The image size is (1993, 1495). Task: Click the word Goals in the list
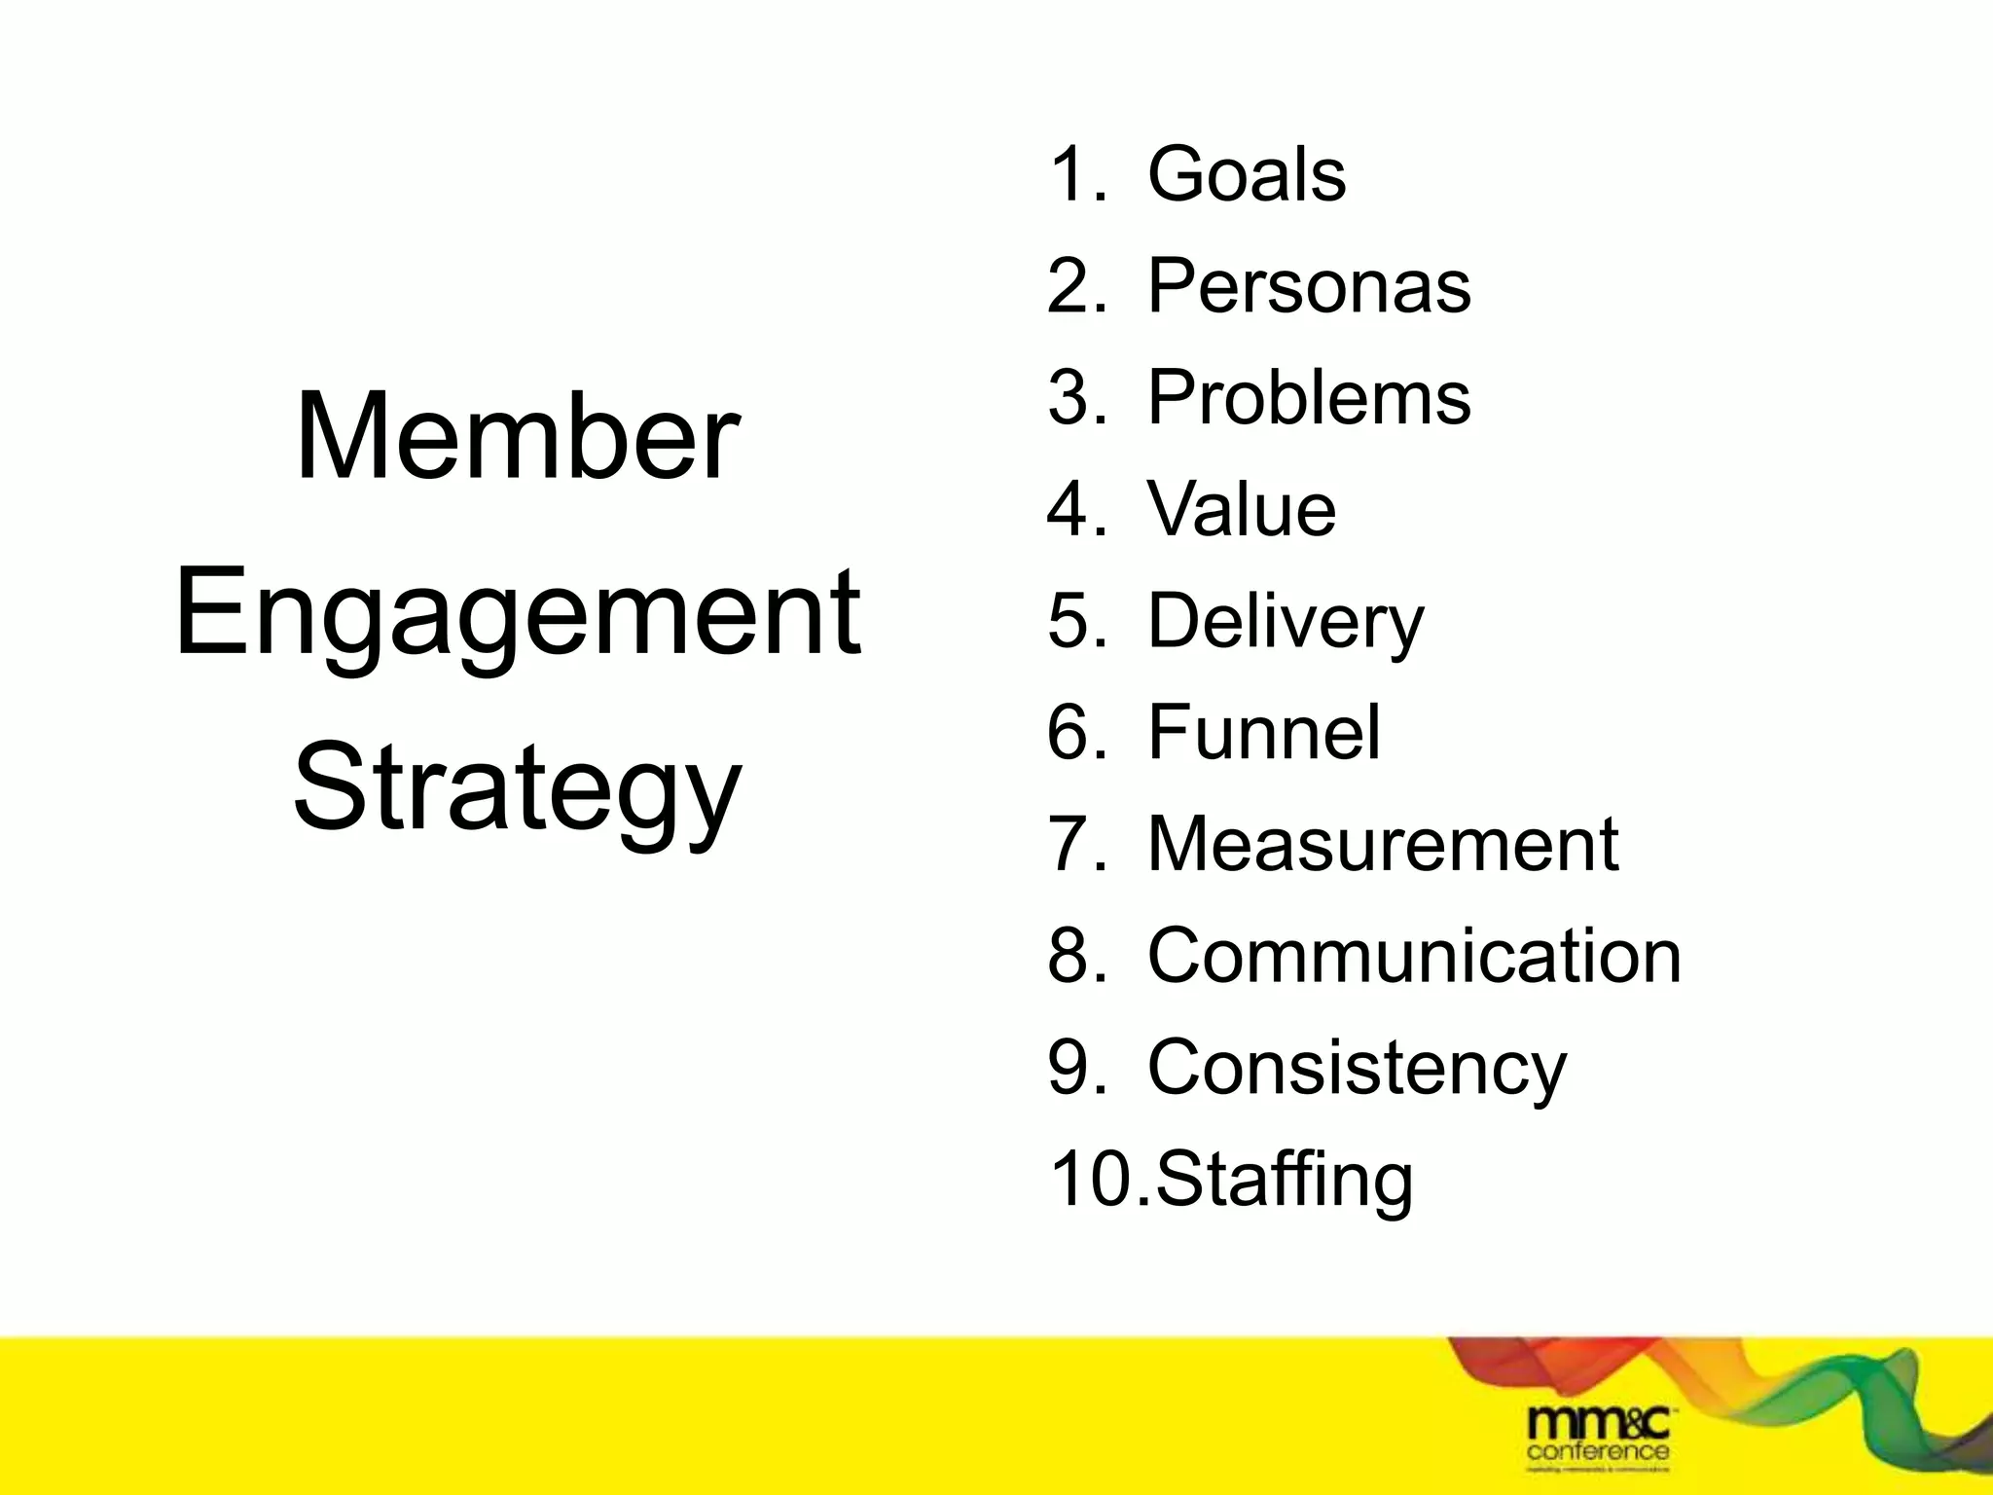[1247, 175]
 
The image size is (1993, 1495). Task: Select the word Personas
[1309, 287]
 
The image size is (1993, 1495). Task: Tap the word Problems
[1309, 398]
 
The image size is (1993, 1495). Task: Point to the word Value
[1242, 509]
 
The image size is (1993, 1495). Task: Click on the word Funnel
[1264, 733]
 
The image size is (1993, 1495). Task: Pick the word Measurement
[1383, 844]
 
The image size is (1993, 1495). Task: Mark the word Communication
[1414, 956]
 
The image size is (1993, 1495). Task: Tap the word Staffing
[1285, 1180]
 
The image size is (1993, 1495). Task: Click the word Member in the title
[517, 437]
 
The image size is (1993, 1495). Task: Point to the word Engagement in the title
[518, 613]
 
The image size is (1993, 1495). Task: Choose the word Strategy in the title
[517, 788]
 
